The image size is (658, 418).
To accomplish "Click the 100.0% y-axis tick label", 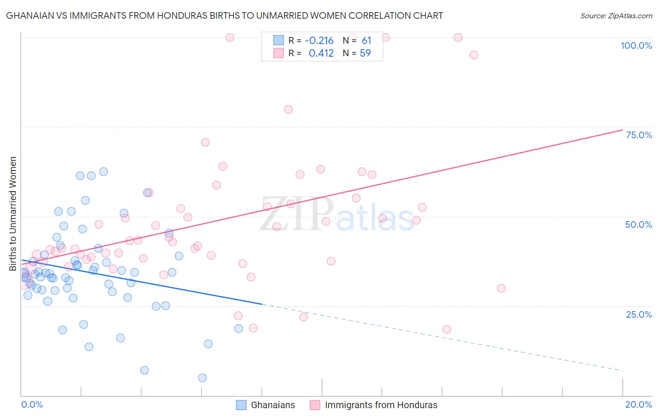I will coord(636,45).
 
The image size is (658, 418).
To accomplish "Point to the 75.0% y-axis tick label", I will coord(639,135).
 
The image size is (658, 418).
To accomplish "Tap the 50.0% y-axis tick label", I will coord(638,224).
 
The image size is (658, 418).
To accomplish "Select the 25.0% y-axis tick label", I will coord(639,314).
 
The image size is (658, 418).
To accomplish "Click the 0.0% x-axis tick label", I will coord(32,404).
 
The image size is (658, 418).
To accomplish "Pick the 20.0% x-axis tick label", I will coord(638,404).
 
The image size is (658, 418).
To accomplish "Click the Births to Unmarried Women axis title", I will coord(13,214).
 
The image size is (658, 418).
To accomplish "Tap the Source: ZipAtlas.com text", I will coord(616,16).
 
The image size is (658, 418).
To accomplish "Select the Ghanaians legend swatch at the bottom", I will coord(241,405).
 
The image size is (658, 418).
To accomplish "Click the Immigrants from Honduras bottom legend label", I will coord(381,405).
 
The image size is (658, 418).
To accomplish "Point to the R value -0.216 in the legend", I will coord(319,41).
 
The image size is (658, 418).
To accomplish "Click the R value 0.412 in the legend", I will coord(321,53).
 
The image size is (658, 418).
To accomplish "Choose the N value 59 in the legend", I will coord(365,53).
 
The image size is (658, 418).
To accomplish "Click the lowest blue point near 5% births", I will coord(202,378).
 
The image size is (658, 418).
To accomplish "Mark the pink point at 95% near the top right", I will coord(474,55).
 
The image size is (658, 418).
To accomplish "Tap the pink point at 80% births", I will coord(288,110).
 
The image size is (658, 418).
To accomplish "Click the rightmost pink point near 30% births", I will coord(501,288).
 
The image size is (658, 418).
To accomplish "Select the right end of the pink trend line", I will coord(622,130).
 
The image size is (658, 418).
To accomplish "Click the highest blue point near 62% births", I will coord(103,172).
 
